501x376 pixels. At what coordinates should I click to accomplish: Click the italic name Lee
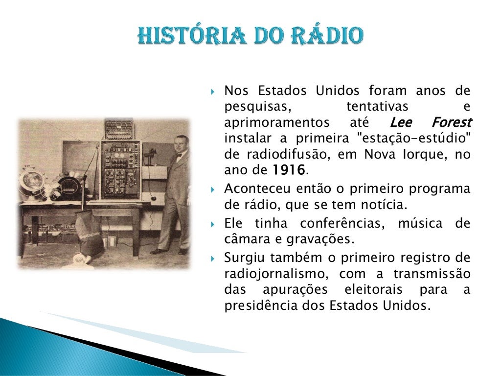tap(401, 122)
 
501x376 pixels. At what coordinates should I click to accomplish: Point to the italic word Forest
tap(451, 122)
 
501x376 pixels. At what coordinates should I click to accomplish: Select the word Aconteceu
tap(254, 188)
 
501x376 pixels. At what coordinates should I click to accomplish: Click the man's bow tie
tap(179, 155)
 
